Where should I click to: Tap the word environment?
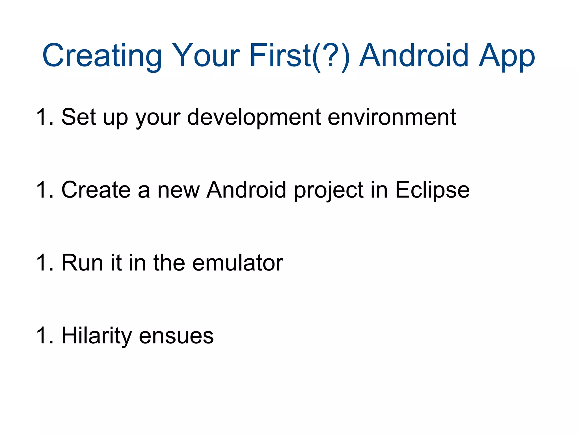point(392,117)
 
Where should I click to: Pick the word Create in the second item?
point(96,190)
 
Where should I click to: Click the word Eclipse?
point(432,190)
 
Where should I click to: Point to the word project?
point(329,190)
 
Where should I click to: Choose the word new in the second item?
point(178,190)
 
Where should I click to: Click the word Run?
point(82,263)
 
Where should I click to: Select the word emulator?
point(237,263)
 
